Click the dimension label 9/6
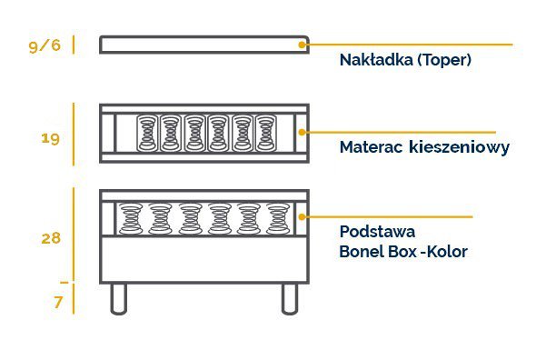(45, 45)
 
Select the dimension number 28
(50, 238)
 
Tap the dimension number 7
(58, 303)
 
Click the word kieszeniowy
(459, 147)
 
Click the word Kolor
(445, 251)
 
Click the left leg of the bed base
(118, 297)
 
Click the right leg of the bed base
(289, 297)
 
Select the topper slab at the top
(204, 45)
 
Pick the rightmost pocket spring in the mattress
(265, 133)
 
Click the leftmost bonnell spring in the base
(131, 218)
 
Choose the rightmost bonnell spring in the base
(277, 218)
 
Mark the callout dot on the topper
(303, 43)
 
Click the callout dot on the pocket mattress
(303, 132)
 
